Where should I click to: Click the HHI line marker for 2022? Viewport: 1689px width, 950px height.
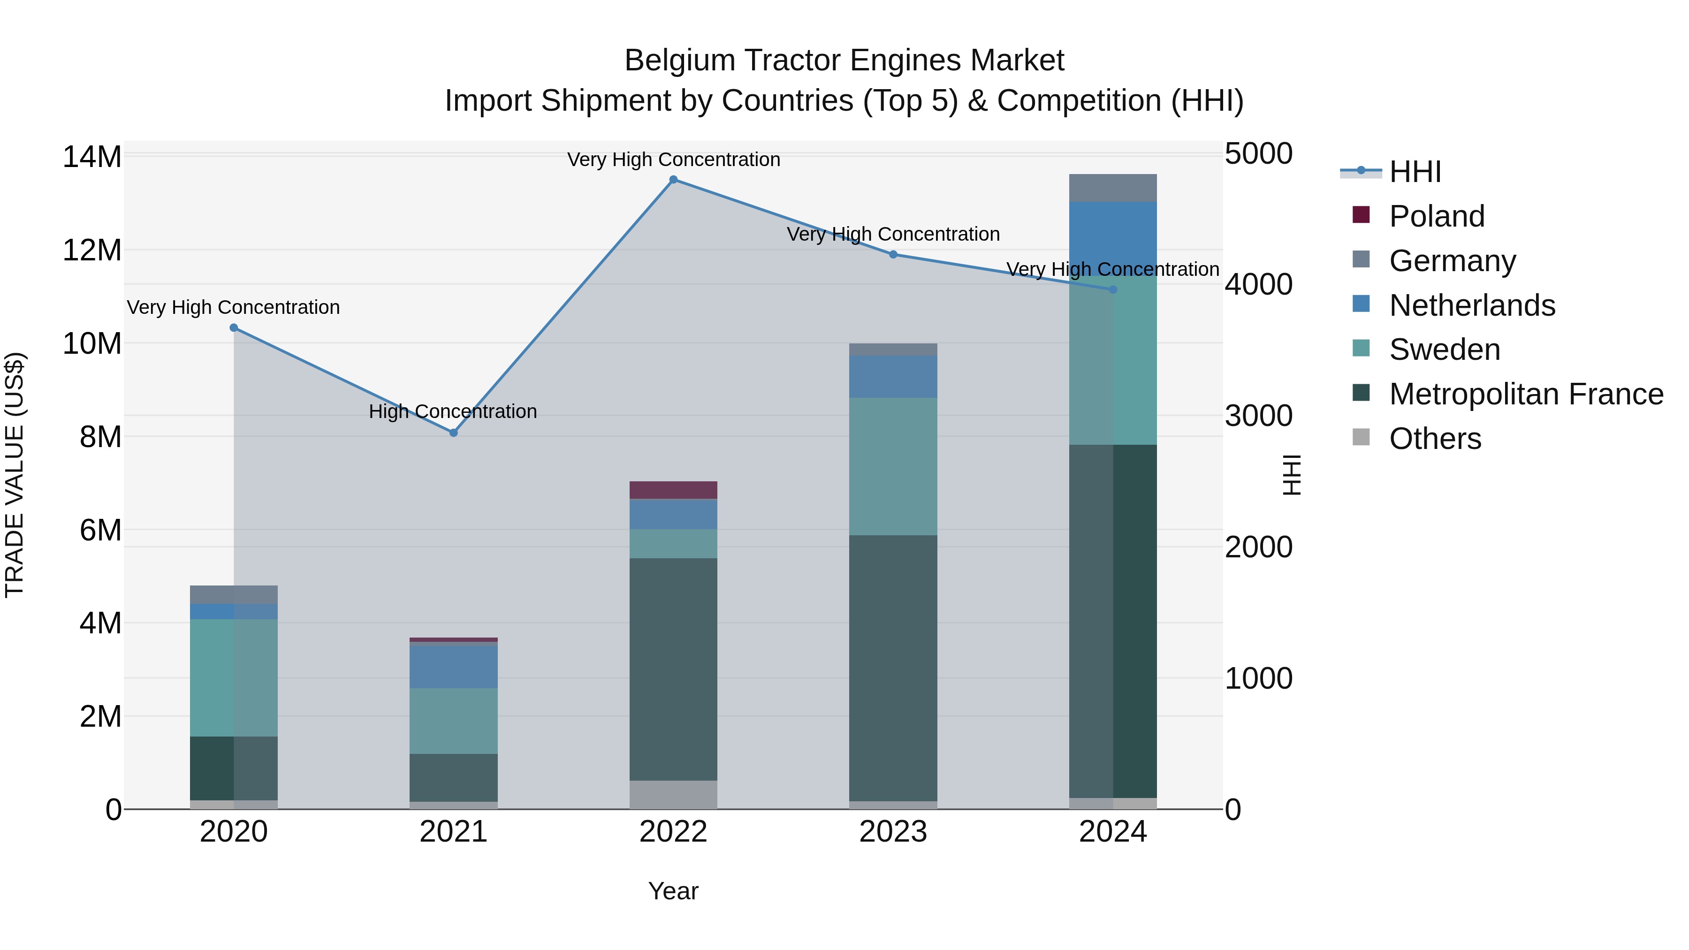673,180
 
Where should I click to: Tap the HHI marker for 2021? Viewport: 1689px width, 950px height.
454,433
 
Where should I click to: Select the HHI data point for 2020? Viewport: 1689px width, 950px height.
234,328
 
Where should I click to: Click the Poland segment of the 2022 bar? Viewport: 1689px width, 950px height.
673,490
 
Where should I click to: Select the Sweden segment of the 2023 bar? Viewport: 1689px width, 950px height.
893,466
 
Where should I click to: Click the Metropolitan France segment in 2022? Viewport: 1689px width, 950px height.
673,669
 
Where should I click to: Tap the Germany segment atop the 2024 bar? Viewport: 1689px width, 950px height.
1113,188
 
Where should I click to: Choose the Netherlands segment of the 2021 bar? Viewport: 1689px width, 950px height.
454,667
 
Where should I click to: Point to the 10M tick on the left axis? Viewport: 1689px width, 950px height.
92,343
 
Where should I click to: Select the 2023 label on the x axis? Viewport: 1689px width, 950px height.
893,832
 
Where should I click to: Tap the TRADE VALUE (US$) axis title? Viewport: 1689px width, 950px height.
15,475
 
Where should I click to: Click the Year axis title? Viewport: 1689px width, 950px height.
673,891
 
